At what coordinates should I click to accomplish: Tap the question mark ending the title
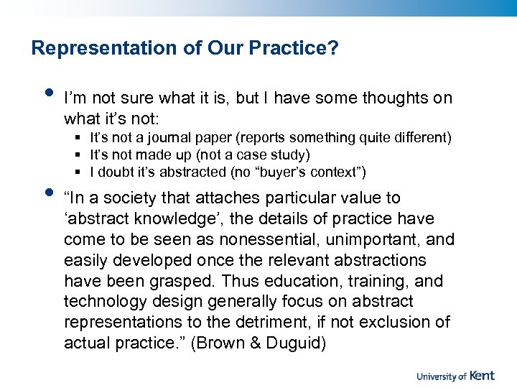(x=334, y=48)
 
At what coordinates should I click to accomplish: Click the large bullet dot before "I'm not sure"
(x=49, y=93)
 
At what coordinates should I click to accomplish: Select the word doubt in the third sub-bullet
(x=114, y=172)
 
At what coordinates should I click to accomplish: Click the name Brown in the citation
(x=240, y=343)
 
